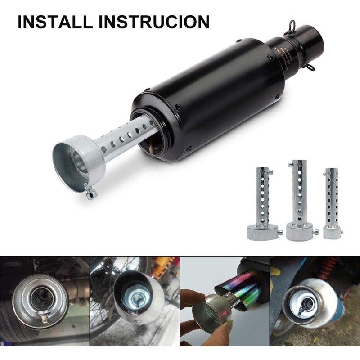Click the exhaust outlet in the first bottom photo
[38, 297]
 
